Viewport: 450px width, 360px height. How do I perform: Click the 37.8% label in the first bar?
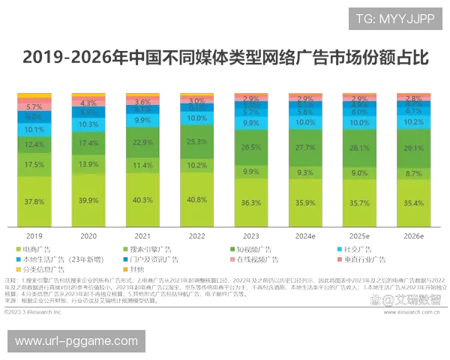coord(34,202)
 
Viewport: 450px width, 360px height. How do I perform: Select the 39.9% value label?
coord(88,201)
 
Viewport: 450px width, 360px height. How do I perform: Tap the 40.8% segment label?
coord(196,200)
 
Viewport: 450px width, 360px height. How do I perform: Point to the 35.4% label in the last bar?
coord(412,202)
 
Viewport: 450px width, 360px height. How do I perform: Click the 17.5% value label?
coord(34,164)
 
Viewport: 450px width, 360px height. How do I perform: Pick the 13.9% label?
coord(88,164)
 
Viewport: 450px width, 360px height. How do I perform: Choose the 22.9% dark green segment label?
coord(142,142)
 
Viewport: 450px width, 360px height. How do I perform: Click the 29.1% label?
coord(412,148)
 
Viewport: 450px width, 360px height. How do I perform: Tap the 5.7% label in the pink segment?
coord(34,107)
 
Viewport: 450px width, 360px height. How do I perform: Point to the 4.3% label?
coord(88,103)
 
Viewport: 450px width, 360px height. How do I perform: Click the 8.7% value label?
coord(412,173)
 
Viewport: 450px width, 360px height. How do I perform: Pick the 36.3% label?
coord(250,202)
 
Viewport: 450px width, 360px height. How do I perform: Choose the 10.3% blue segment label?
coord(88,124)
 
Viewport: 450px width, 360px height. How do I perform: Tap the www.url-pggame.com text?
coord(76,341)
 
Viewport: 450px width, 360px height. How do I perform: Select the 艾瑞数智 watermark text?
coord(412,299)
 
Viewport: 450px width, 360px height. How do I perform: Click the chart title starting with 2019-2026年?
coord(225,57)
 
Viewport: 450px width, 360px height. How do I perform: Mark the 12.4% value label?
coord(34,144)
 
